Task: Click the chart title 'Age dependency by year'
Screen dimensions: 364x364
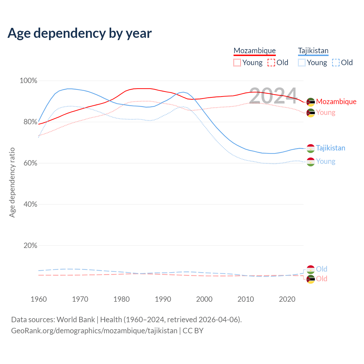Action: pyautogui.click(x=80, y=33)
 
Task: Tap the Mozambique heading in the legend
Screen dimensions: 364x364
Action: pyautogui.click(x=255, y=51)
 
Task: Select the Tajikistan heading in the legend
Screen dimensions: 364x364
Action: pyautogui.click(x=313, y=51)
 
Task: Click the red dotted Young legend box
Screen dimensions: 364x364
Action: pyautogui.click(x=237, y=63)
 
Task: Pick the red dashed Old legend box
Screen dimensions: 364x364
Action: pyautogui.click(x=271, y=63)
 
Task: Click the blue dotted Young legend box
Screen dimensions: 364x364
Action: pyautogui.click(x=302, y=63)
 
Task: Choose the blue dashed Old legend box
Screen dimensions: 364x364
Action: pyautogui.click(x=336, y=63)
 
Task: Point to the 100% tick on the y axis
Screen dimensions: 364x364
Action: pyautogui.click(x=28, y=81)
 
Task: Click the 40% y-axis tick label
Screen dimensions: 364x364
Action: pyautogui.click(x=30, y=204)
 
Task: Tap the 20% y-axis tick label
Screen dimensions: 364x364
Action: pyautogui.click(x=30, y=245)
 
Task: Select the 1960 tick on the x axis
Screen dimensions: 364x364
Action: pyautogui.click(x=39, y=299)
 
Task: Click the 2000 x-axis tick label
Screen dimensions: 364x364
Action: pyautogui.click(x=204, y=299)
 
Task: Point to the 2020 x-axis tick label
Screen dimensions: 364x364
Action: pyautogui.click(x=287, y=299)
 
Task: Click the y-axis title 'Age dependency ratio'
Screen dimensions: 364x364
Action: pyautogui.click(x=12, y=182)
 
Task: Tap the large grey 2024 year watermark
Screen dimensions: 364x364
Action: pyautogui.click(x=273, y=96)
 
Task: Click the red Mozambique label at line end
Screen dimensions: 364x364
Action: pyautogui.click(x=336, y=102)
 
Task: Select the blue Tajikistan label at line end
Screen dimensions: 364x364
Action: pyautogui.click(x=330, y=148)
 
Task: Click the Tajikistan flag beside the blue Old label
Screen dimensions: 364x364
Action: pyautogui.click(x=311, y=269)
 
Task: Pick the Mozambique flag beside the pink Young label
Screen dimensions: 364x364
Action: pyautogui.click(x=311, y=113)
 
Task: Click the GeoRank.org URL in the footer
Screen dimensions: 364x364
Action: pyautogui.click(x=94, y=331)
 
